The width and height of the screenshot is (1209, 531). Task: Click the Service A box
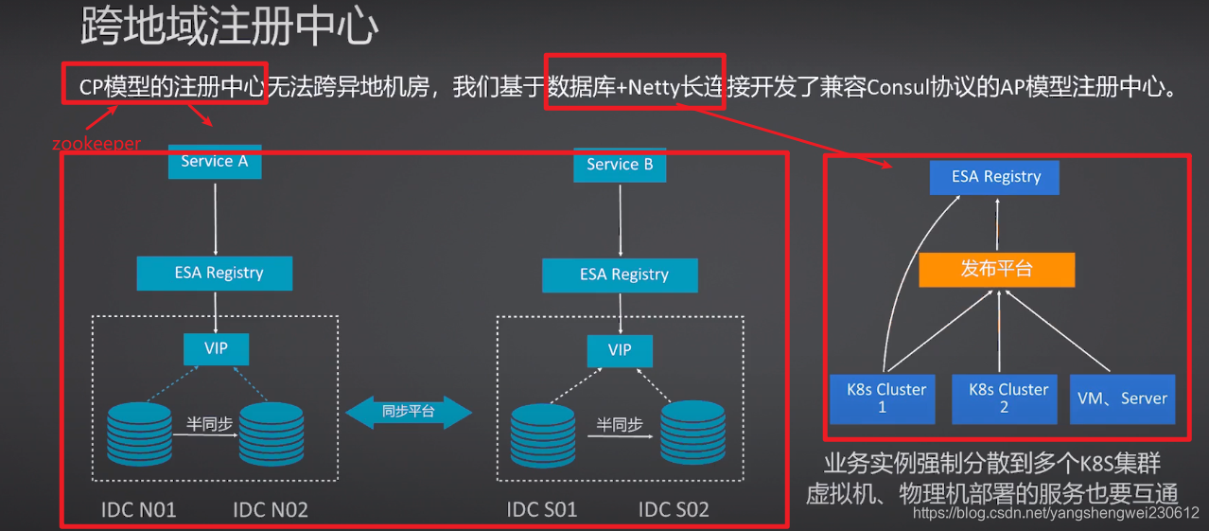pyautogui.click(x=215, y=161)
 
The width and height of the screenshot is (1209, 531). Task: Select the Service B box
pyautogui.click(x=620, y=165)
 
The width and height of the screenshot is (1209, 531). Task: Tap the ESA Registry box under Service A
pyautogui.click(x=215, y=273)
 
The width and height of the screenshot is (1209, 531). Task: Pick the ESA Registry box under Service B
pyautogui.click(x=620, y=274)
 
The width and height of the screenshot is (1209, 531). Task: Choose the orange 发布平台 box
pyautogui.click(x=996, y=270)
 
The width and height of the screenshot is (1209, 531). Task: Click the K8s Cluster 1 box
pyautogui.click(x=882, y=398)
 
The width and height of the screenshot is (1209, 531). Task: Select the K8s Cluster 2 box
pyautogui.click(x=1003, y=398)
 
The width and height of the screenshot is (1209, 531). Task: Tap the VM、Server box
pyautogui.click(x=1122, y=398)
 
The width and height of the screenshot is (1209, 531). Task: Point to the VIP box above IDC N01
pyautogui.click(x=216, y=348)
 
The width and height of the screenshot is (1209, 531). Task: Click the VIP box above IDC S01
pyautogui.click(x=620, y=350)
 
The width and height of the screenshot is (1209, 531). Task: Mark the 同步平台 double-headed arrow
pyautogui.click(x=409, y=412)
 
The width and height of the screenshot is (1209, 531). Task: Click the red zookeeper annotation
pyautogui.click(x=96, y=144)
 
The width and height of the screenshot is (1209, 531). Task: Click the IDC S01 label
pyautogui.click(x=542, y=510)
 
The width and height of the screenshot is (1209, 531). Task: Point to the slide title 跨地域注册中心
pyautogui.click(x=229, y=28)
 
